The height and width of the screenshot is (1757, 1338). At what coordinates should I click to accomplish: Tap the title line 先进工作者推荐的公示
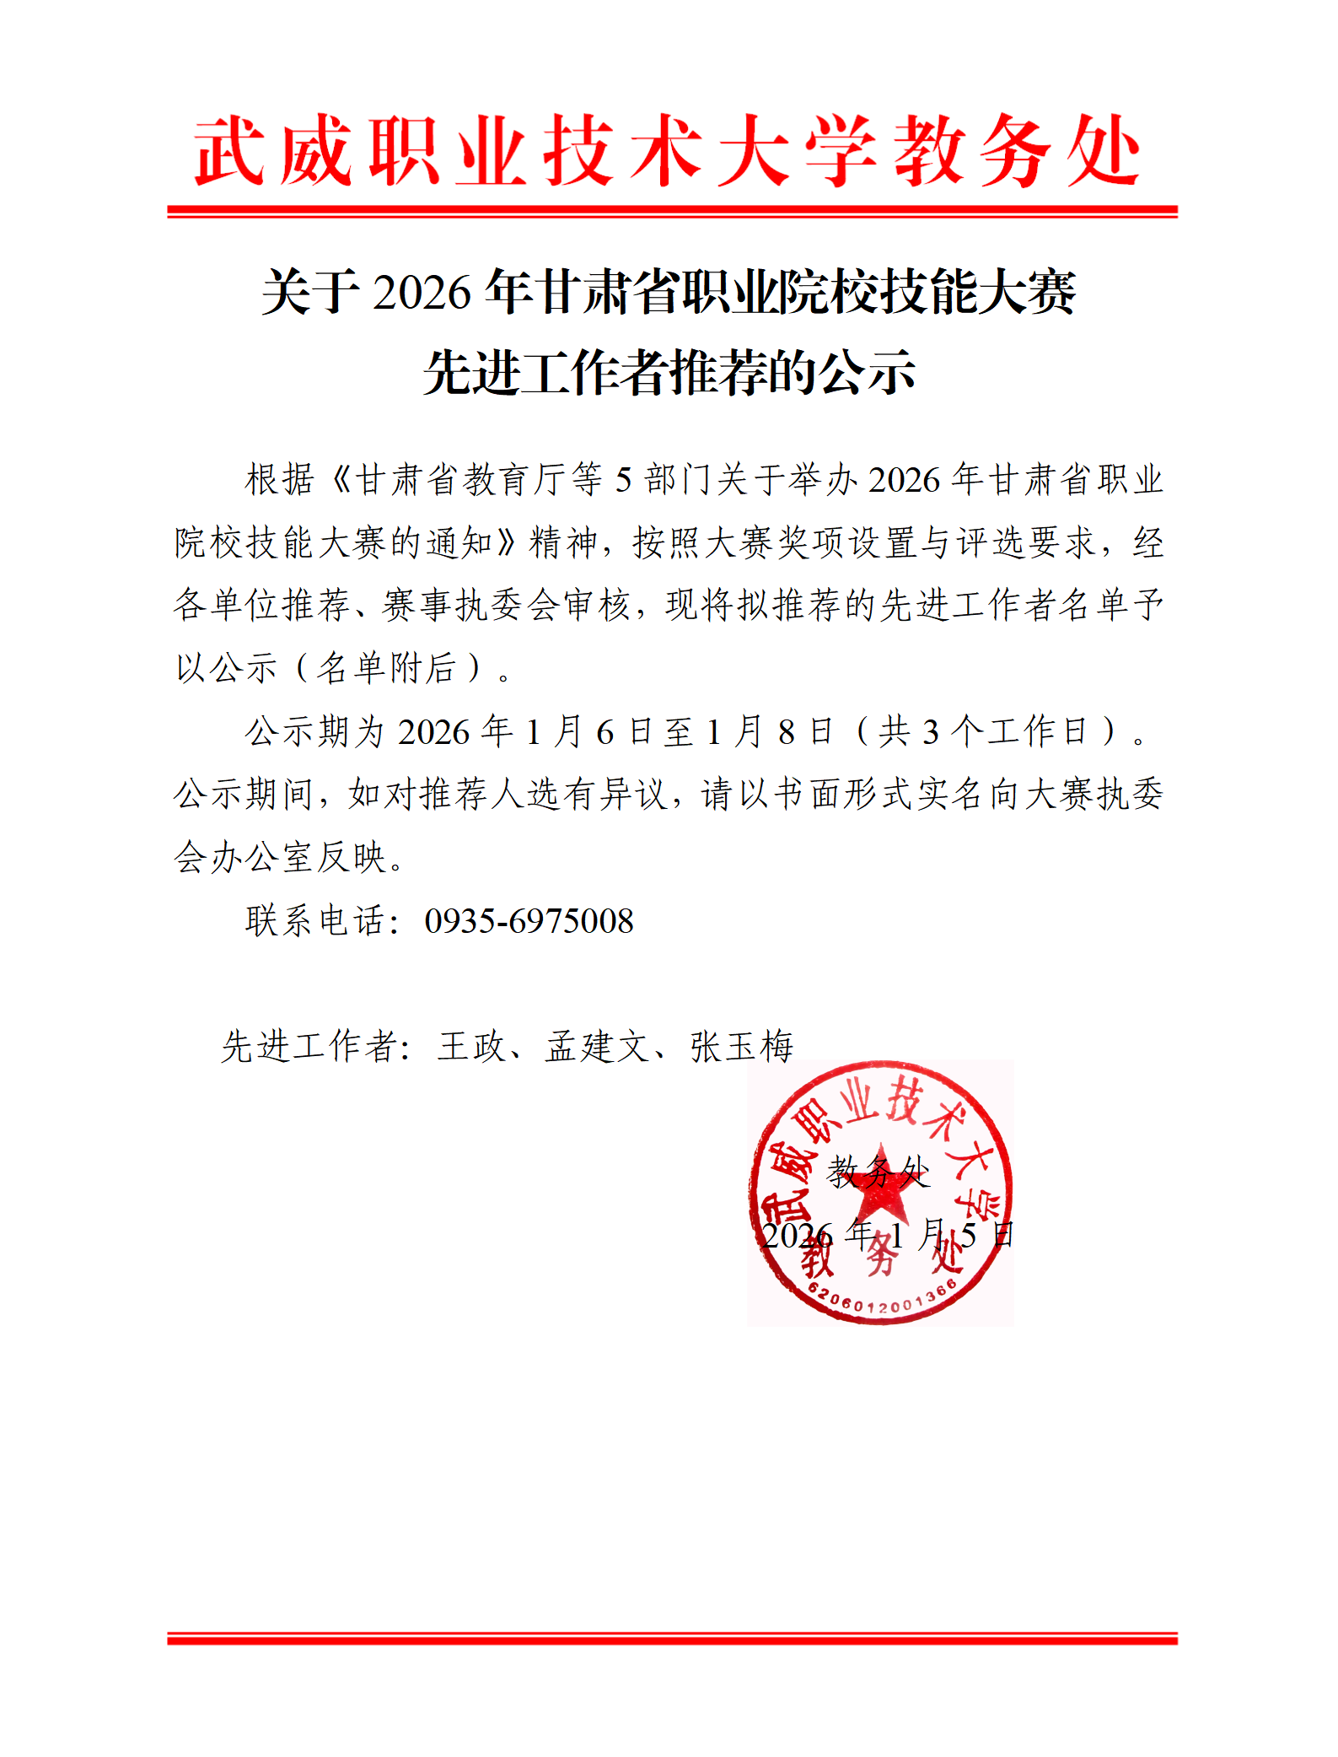pyautogui.click(x=669, y=373)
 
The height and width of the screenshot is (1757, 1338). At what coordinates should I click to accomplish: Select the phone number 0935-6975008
pyautogui.click(x=529, y=921)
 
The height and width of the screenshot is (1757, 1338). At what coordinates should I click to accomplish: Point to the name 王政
pyautogui.click(x=470, y=1047)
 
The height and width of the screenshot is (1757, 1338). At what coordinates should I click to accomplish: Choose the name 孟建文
pyautogui.click(x=597, y=1047)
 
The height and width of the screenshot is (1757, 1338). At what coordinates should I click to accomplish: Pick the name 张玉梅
pyautogui.click(x=742, y=1047)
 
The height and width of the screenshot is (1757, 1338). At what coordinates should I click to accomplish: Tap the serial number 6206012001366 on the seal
pyautogui.click(x=882, y=1300)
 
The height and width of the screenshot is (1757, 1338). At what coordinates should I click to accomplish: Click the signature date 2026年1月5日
pyautogui.click(x=887, y=1236)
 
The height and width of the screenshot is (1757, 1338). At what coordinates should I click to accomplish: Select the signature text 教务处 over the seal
pyautogui.click(x=879, y=1172)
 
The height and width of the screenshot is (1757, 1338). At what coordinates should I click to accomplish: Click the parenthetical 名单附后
pyautogui.click(x=388, y=668)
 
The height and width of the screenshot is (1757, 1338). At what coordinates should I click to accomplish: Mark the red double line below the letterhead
pyautogui.click(x=672, y=211)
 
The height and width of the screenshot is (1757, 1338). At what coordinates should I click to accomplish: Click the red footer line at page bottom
pyautogui.click(x=672, y=1638)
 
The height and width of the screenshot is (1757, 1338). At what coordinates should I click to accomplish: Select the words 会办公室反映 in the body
pyautogui.click(x=280, y=858)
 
